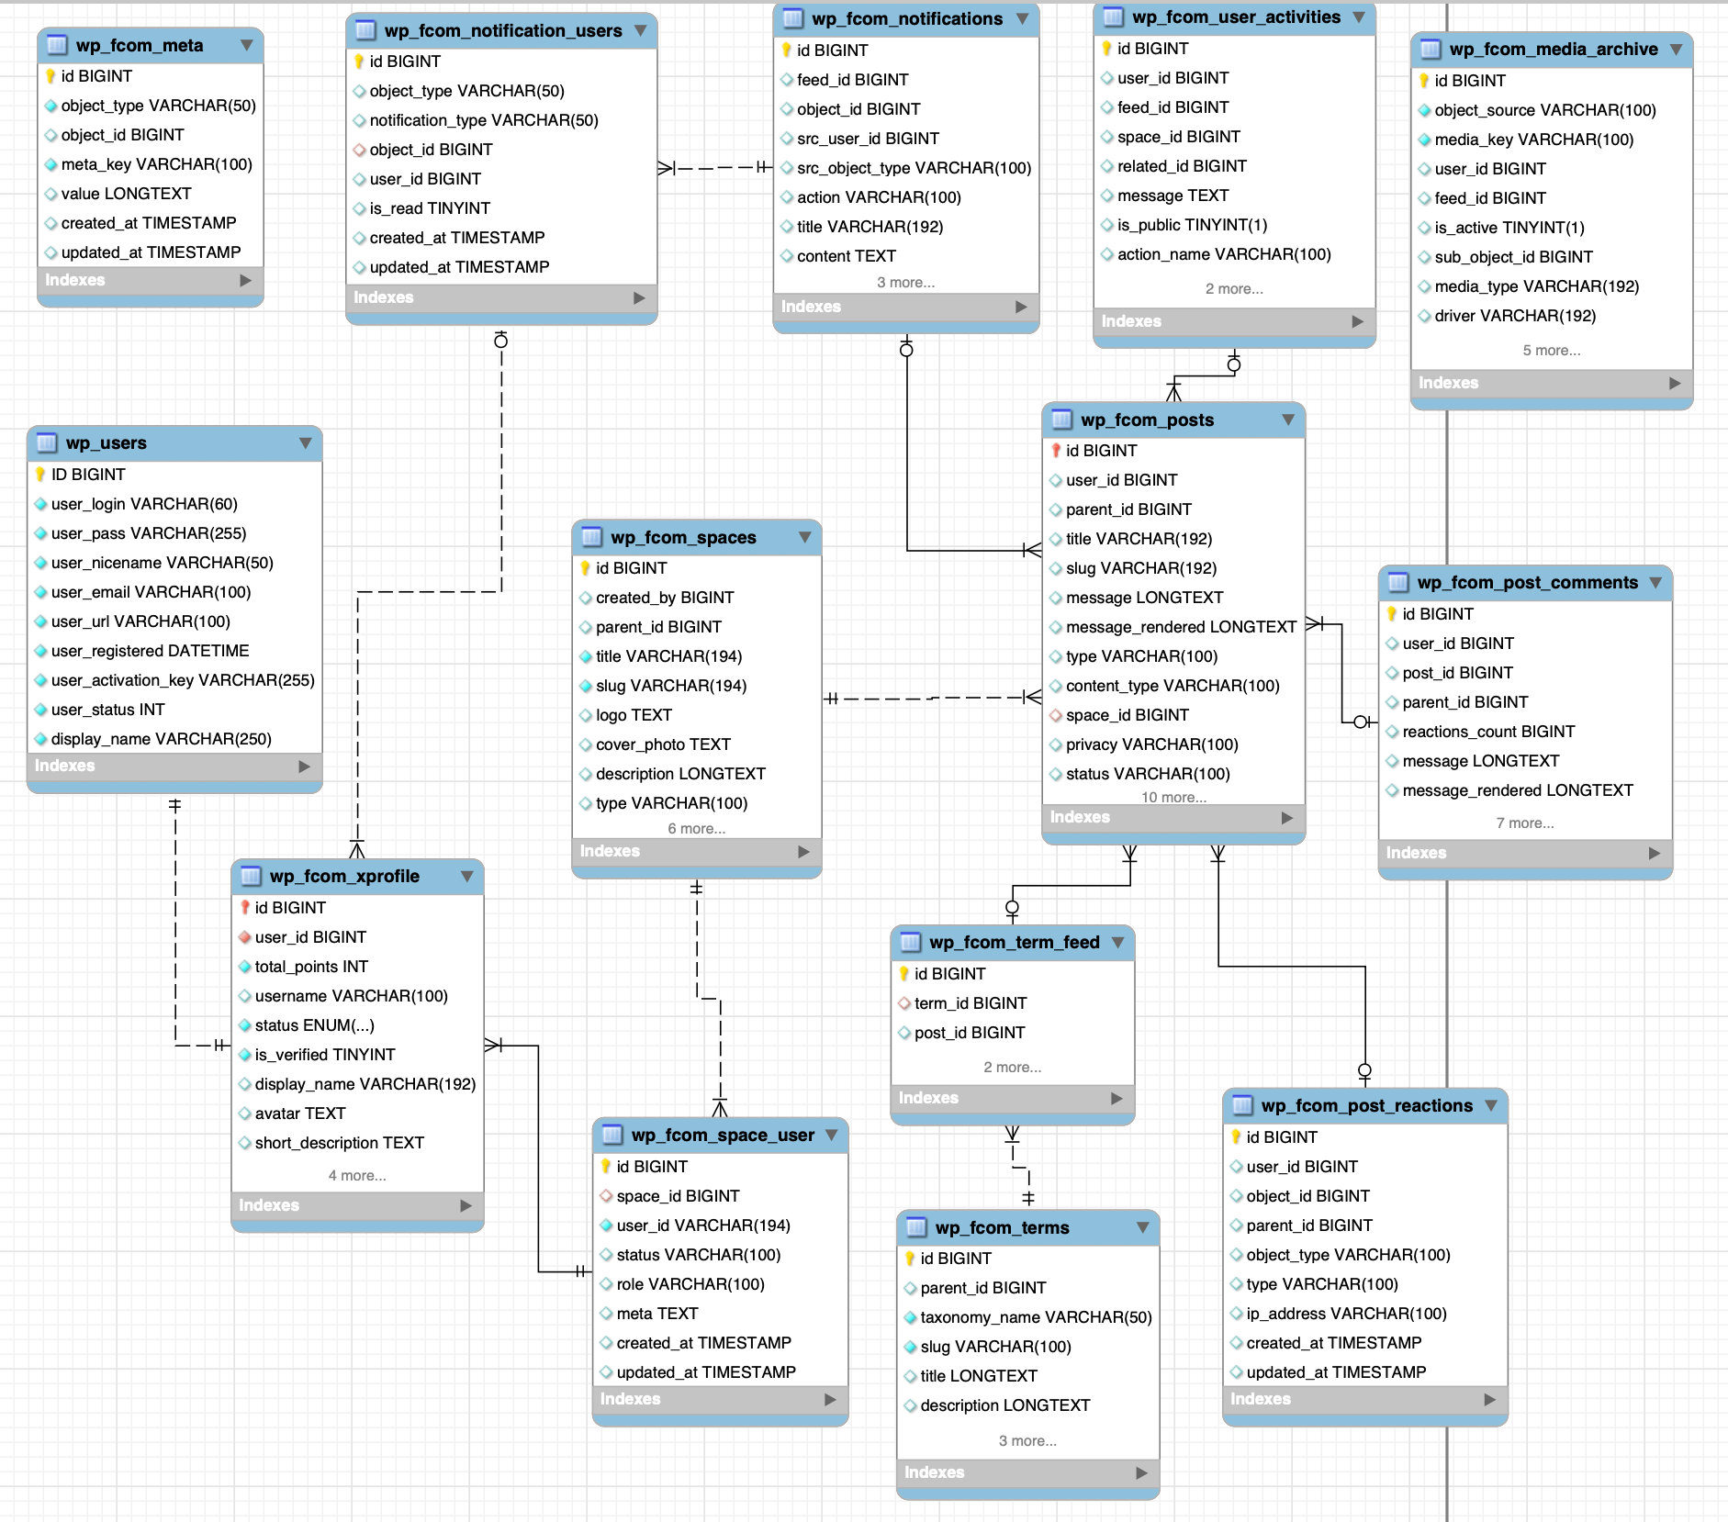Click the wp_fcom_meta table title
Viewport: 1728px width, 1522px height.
[x=140, y=45]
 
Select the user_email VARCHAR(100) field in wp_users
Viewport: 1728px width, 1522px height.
[x=151, y=592]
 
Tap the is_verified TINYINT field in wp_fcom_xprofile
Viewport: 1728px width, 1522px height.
[x=325, y=1055]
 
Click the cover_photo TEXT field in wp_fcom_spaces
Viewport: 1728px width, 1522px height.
[x=663, y=744]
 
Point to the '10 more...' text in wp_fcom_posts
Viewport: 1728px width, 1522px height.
[x=1173, y=797]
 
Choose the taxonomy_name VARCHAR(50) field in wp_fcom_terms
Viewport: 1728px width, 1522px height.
[x=1036, y=1317]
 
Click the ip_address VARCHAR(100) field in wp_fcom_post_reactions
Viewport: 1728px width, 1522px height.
[x=1346, y=1314]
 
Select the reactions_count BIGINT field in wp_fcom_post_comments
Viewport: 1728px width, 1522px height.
[x=1488, y=732]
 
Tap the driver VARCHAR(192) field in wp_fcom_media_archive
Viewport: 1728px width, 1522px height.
[x=1515, y=316]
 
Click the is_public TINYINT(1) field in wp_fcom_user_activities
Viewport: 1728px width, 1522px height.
[x=1192, y=225]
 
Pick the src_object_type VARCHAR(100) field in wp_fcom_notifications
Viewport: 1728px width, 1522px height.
[x=914, y=168]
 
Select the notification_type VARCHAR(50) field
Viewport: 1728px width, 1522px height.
[x=484, y=120]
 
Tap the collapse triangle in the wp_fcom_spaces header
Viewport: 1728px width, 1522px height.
[x=804, y=537]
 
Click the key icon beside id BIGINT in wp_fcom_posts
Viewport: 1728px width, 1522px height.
[x=1056, y=451]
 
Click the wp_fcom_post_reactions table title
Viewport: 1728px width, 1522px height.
[x=1366, y=1105]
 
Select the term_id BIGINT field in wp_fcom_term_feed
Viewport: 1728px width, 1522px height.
[x=971, y=1003]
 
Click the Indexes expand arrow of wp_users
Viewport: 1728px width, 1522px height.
[x=304, y=766]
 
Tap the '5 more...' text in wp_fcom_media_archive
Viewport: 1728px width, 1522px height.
[x=1551, y=351]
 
